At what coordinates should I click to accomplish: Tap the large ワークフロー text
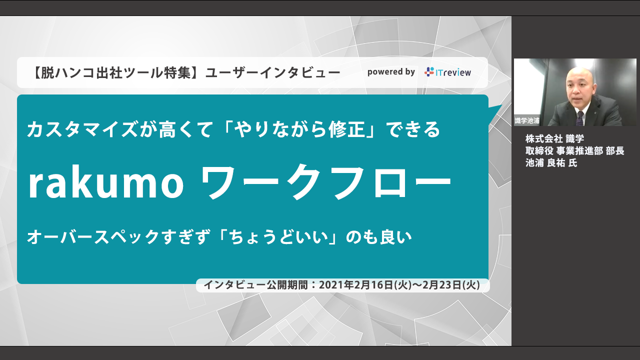(325, 182)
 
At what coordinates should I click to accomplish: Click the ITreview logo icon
(429, 72)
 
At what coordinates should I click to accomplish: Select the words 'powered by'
(391, 72)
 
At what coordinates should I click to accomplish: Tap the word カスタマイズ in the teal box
(82, 129)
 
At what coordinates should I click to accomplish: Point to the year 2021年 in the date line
(336, 285)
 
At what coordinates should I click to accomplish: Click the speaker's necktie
(579, 118)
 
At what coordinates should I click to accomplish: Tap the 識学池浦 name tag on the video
(527, 120)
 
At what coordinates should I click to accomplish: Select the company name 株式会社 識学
(555, 139)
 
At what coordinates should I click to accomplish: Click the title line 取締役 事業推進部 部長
(575, 151)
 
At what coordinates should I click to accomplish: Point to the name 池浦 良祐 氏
(551, 163)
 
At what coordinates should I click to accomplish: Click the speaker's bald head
(580, 75)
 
